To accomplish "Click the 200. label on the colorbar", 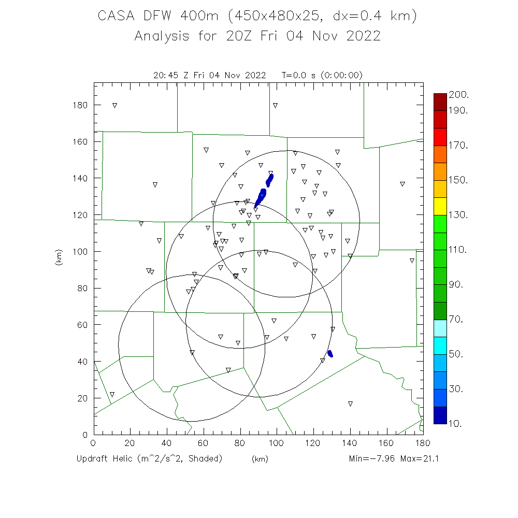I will (459, 94).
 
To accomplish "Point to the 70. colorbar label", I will (458, 319).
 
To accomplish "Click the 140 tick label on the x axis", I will (350, 443).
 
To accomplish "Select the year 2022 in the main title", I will (361, 36).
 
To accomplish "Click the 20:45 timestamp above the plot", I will (165, 75).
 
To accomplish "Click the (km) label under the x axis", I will (260, 459).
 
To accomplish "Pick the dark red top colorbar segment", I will (440, 102).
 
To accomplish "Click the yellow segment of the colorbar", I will (440, 206).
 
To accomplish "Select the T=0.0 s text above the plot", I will (297, 75).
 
